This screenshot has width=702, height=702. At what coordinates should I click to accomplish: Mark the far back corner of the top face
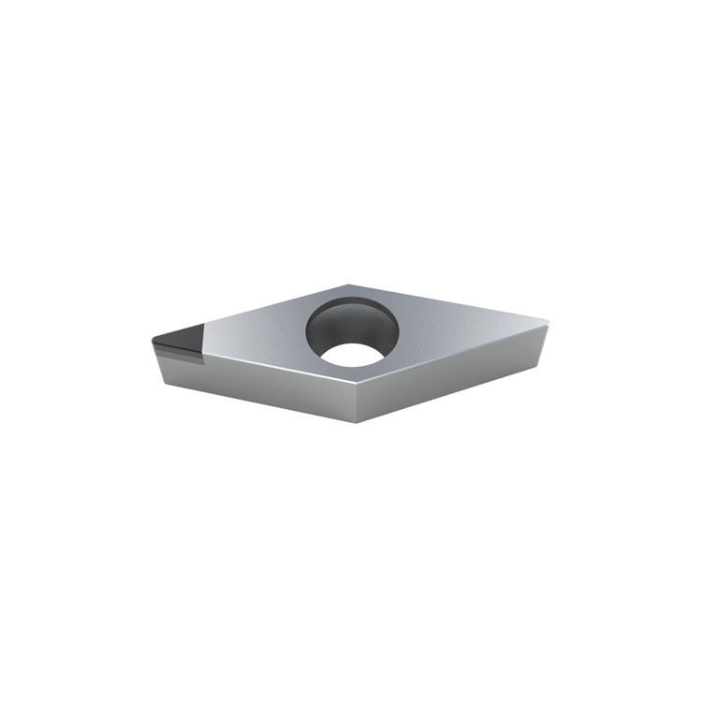click(x=348, y=285)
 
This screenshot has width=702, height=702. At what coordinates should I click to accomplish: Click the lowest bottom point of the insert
click(x=357, y=422)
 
